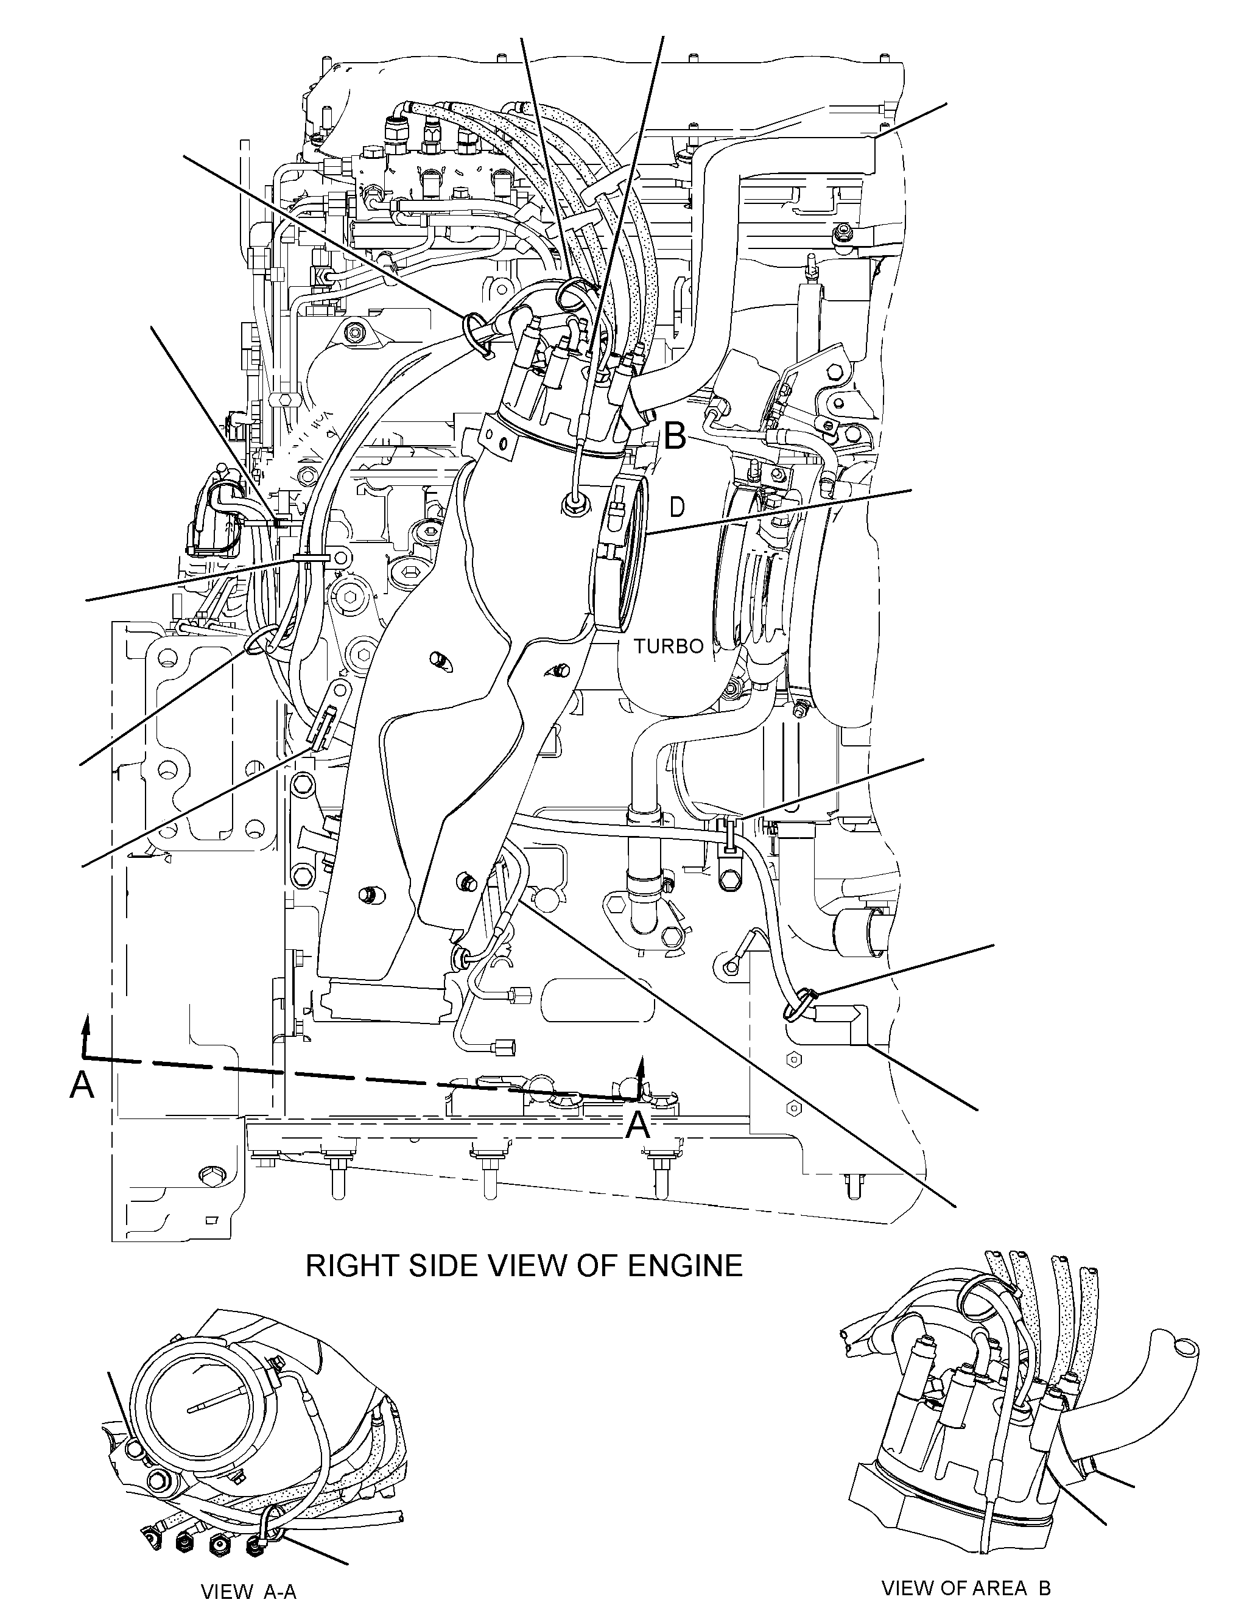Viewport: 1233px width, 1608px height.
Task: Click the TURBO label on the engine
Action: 669,647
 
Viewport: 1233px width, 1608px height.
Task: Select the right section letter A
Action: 638,1125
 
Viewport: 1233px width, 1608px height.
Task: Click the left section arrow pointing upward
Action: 86,1036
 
